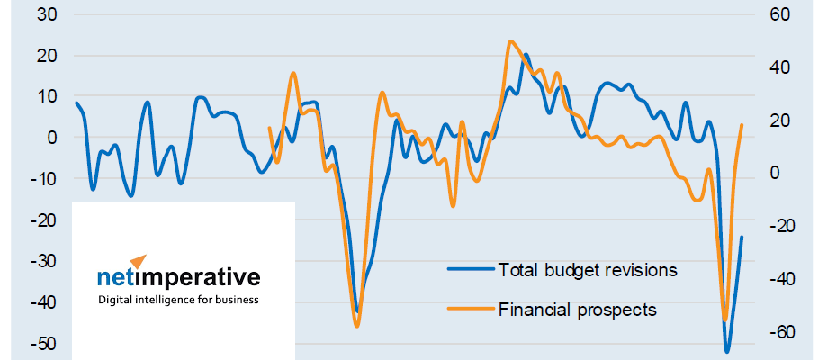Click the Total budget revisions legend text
587,269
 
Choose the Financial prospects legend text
577,310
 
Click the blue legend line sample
472,269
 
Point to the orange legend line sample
472,310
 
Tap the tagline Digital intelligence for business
178,299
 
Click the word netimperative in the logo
178,277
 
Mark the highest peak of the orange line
510,41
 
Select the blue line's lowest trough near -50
726,351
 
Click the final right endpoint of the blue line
742,238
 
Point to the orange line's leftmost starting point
269,128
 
